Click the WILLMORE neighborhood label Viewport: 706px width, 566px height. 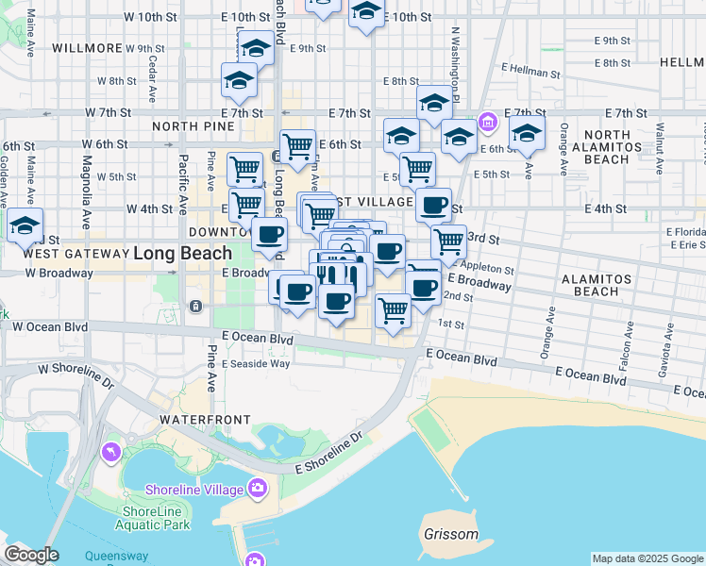click(87, 48)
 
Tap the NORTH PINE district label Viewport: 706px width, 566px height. click(193, 126)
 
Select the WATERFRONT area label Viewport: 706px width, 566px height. click(205, 419)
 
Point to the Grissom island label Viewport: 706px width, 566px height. click(451, 535)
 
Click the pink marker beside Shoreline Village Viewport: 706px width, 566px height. click(256, 489)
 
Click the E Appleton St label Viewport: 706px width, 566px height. click(481, 266)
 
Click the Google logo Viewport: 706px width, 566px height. click(31, 555)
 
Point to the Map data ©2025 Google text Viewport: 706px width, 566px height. click(647, 558)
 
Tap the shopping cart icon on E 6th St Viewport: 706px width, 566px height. click(297, 146)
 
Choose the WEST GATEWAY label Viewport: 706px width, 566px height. click(75, 254)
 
